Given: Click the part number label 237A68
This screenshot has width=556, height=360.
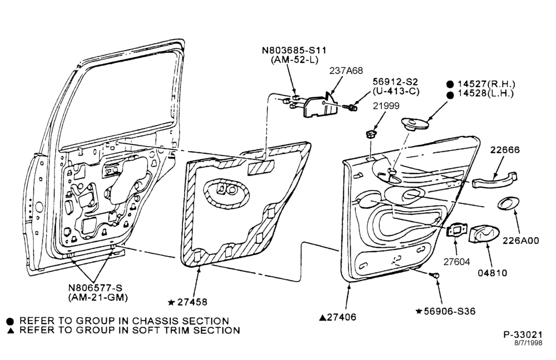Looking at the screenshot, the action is click(346, 71).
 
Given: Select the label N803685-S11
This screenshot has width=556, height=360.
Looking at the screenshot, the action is click(294, 50).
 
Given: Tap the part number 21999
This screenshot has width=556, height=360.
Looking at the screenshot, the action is click(386, 106).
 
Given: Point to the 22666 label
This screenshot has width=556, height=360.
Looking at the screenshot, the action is click(505, 150).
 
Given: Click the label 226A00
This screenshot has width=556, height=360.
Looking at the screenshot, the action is click(520, 241).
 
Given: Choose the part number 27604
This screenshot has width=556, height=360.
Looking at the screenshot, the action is click(456, 262).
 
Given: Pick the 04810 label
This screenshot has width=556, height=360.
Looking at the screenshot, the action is click(492, 273).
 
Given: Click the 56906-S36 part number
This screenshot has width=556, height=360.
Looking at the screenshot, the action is click(450, 312).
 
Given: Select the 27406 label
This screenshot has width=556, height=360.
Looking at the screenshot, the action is click(341, 317).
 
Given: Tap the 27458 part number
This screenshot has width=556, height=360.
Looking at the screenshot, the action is click(192, 302).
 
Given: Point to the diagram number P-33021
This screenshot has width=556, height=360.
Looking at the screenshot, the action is click(523, 334).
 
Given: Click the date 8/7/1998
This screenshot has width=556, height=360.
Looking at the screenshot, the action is click(528, 343).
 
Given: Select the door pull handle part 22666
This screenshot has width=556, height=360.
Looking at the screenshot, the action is click(495, 181).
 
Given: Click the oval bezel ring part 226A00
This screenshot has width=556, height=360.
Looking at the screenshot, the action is click(509, 203).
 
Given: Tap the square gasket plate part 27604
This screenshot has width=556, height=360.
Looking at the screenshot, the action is click(456, 231).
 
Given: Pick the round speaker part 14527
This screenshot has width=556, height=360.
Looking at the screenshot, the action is click(415, 124).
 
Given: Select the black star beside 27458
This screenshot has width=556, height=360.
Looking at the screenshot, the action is click(171, 303).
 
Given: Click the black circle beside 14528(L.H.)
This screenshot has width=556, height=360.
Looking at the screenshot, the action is click(450, 94).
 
